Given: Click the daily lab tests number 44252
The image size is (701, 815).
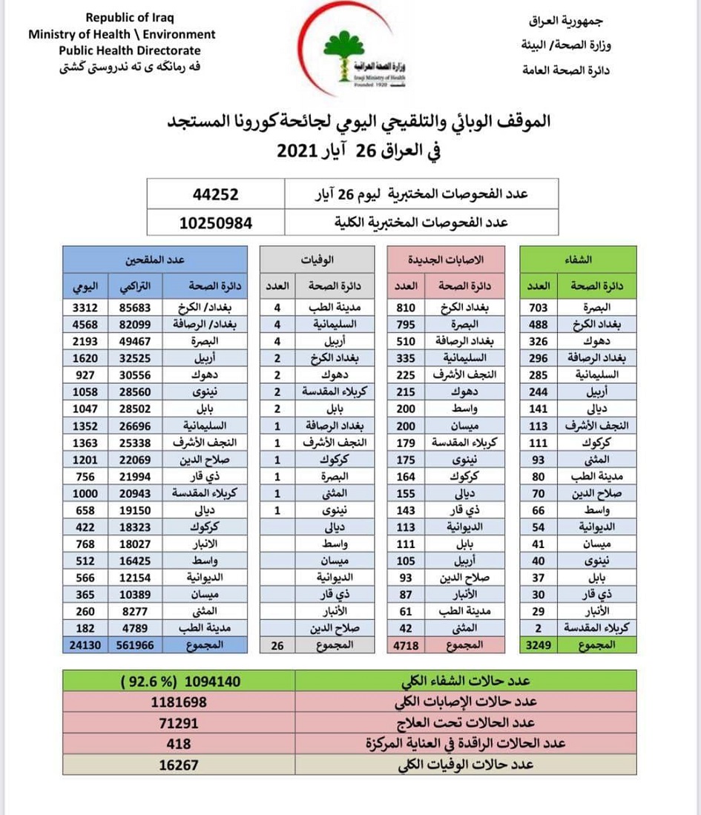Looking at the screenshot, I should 216,195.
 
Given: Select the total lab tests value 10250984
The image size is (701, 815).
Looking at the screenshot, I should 216,222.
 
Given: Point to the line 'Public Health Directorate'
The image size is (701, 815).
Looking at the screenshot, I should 130,50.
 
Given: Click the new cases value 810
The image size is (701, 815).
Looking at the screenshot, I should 406,306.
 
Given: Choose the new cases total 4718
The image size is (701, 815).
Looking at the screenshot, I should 406,645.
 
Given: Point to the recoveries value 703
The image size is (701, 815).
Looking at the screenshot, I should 539,306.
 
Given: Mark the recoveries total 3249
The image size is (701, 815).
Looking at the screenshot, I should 539,645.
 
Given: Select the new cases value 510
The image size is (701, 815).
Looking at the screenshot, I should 406,340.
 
